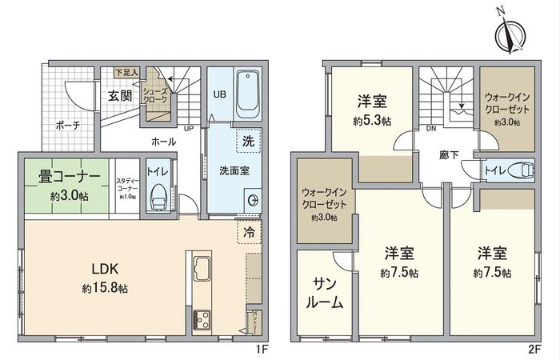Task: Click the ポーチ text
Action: (x=67, y=125)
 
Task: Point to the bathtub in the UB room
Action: (x=247, y=94)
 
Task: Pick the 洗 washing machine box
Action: (x=248, y=141)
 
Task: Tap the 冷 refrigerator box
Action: (x=249, y=234)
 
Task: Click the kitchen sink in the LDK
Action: (x=199, y=268)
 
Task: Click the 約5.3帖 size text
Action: (x=372, y=122)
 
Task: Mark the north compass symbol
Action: (x=508, y=34)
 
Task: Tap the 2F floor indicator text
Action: (x=534, y=350)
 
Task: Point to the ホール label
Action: (x=164, y=141)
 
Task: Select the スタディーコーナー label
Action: (x=127, y=185)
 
